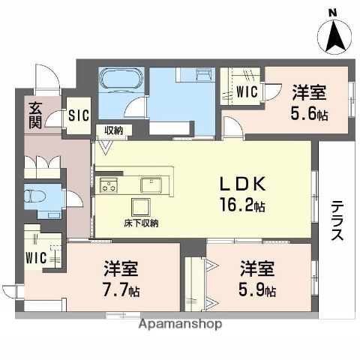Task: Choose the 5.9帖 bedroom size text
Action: [x=257, y=289]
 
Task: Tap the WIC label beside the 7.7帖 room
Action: [x=36, y=257]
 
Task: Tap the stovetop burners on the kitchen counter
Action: [x=109, y=184]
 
